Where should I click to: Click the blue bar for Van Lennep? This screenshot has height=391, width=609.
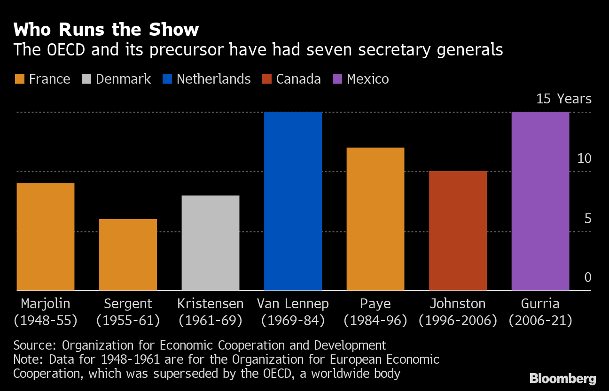coord(293,201)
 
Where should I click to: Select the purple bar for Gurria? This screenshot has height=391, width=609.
coord(540,201)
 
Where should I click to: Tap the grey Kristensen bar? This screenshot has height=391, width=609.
coord(210,242)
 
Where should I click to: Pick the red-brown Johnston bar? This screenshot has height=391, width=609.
coord(458,230)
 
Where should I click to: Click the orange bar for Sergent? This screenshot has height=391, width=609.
coord(128,254)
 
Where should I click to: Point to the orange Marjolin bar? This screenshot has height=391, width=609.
coord(46,236)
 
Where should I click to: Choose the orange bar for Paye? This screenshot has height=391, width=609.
coord(375,219)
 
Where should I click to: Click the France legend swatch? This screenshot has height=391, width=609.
coord(19,79)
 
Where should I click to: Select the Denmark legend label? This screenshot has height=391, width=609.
coord(123,79)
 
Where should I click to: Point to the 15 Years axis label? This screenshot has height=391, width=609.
coord(564,99)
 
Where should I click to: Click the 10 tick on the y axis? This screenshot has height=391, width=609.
coord(584,159)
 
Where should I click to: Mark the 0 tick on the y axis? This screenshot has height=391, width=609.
coord(587,278)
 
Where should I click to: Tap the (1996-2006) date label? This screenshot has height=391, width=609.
coord(458,321)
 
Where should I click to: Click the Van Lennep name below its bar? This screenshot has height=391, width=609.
coord(293,304)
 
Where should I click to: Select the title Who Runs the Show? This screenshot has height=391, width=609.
coord(106,30)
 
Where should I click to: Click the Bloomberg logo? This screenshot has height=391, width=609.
coord(562,378)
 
